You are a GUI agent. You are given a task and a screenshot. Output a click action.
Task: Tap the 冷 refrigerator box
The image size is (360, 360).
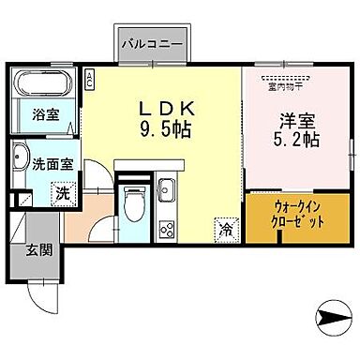(225, 226)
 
